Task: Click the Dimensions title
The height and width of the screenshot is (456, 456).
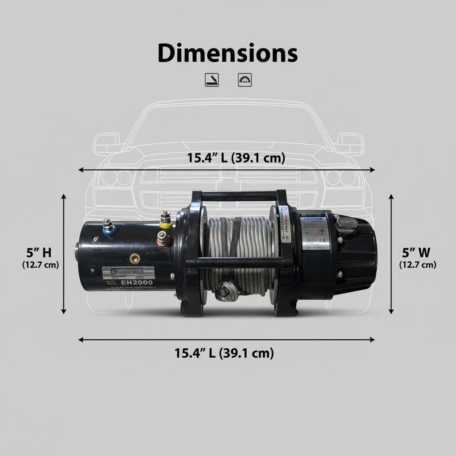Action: (x=228, y=53)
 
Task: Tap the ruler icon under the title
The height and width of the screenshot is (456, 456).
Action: (x=210, y=79)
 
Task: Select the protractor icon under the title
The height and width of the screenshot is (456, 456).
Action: (x=245, y=79)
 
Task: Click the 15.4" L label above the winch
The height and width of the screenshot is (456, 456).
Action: (x=236, y=158)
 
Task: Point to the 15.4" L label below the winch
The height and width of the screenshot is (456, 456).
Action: (x=224, y=353)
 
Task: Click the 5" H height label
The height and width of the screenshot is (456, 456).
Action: (x=39, y=253)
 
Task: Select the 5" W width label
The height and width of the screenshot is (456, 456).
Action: (x=416, y=253)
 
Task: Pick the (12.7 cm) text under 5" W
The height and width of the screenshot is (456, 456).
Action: (x=417, y=265)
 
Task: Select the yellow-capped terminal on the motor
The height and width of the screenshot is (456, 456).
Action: (x=166, y=221)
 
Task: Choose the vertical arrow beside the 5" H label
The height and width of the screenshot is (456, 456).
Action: (x=64, y=254)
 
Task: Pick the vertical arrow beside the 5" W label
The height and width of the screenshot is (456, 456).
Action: (x=391, y=254)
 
